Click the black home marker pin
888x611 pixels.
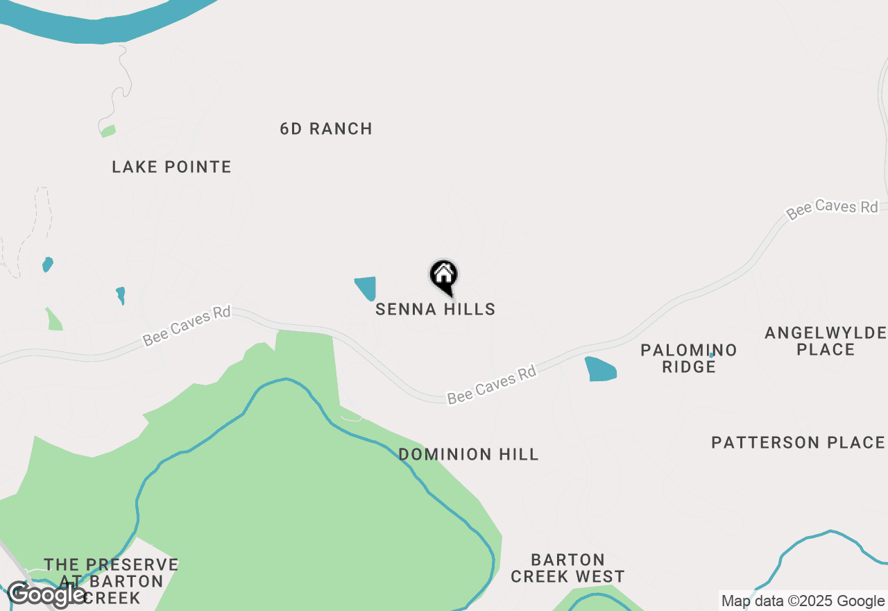tap(444, 276)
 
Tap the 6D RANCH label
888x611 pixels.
tap(326, 129)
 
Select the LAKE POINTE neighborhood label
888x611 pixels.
tap(171, 167)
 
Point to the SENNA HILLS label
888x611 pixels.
tap(436, 310)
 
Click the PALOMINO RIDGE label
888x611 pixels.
tap(688, 358)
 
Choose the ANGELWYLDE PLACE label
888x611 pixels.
tap(826, 341)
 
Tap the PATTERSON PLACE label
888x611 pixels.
tap(798, 443)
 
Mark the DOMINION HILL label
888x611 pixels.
tap(468, 455)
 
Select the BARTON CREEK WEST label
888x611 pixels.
tap(567, 568)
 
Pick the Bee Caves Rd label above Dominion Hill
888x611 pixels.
tap(492, 385)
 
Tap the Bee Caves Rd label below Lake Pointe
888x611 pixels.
tap(187, 326)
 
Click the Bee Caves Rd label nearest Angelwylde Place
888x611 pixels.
tap(832, 208)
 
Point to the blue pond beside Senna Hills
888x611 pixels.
tap(366, 287)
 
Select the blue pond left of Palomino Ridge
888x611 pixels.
tap(600, 369)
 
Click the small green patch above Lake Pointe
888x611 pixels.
tap(108, 131)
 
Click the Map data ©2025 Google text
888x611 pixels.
tap(803, 601)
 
